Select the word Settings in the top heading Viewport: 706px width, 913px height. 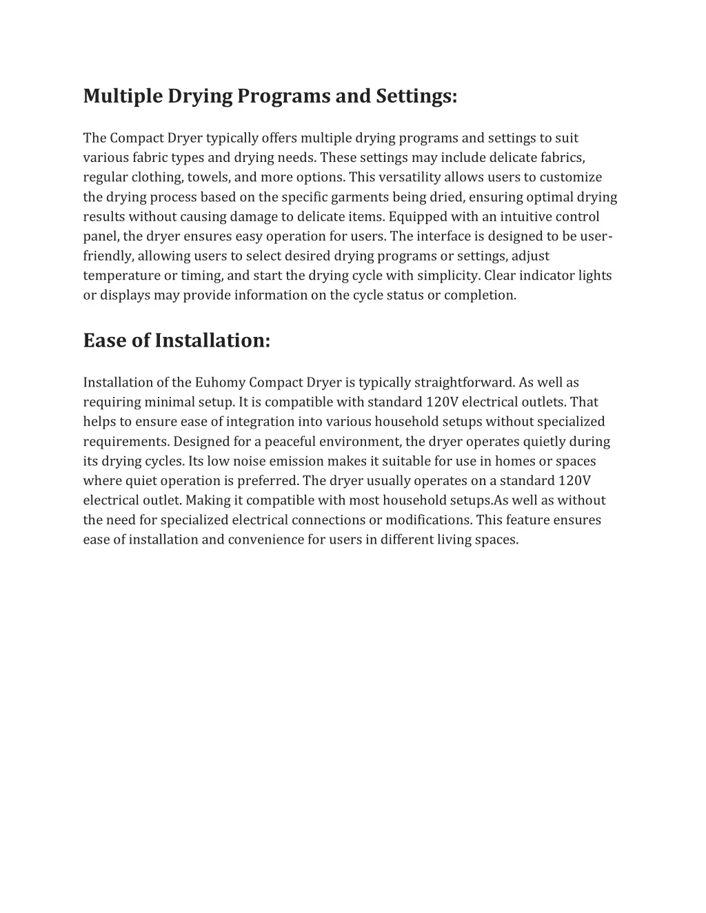pos(416,96)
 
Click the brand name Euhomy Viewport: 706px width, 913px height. pos(220,382)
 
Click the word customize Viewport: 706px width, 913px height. pos(570,177)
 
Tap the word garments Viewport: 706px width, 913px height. pos(361,197)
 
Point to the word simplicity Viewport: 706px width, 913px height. pos(448,276)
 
